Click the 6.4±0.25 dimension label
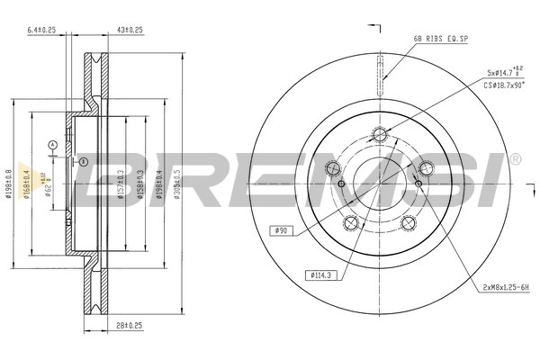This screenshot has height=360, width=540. pyautogui.click(x=41, y=30)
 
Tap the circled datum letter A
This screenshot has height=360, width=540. pyautogui.click(x=52, y=144)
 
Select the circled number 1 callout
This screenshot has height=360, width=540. pyautogui.click(x=83, y=162)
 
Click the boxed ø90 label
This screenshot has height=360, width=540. pyautogui.click(x=282, y=231)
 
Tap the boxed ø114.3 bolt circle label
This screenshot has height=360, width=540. pyautogui.click(x=319, y=274)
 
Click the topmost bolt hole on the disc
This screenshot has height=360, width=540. pyautogui.click(x=380, y=135)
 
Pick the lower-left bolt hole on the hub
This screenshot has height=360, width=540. pyautogui.click(x=353, y=223)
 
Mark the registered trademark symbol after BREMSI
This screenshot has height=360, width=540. pyautogui.click(x=515, y=159)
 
